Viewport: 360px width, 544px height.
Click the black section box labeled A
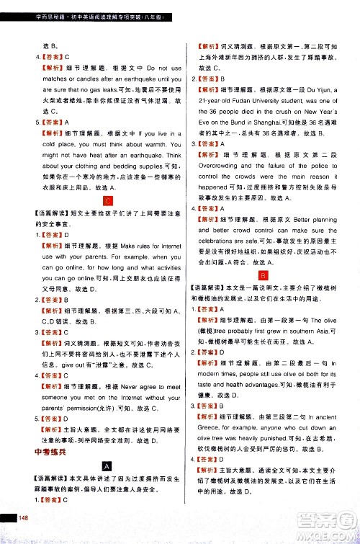tap(107, 465)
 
